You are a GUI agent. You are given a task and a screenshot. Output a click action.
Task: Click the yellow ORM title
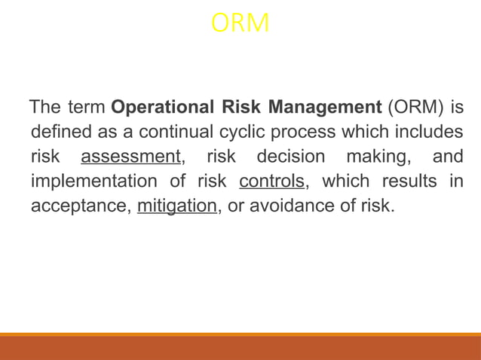pyautogui.click(x=240, y=24)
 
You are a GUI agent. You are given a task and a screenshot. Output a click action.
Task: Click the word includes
pyautogui.click(x=422, y=132)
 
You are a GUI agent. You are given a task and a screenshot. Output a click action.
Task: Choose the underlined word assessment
pyautogui.click(x=132, y=157)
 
